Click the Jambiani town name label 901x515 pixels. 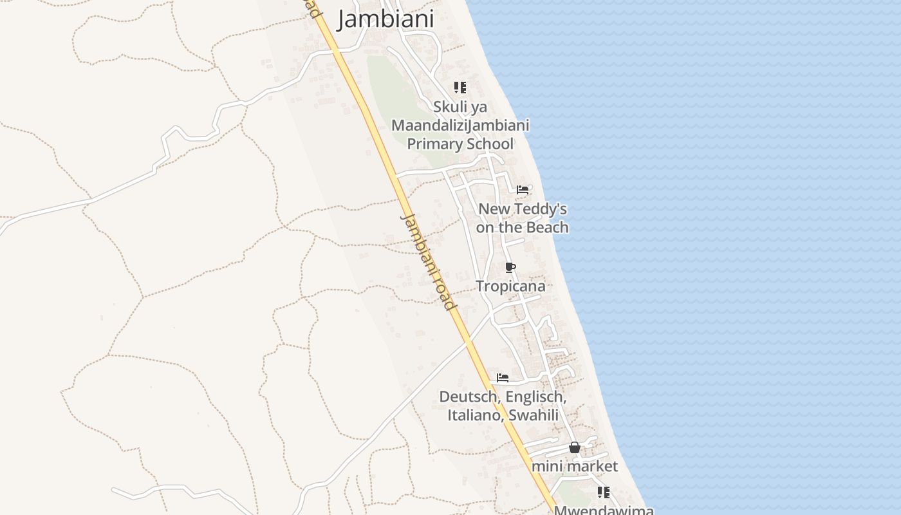(x=385, y=19)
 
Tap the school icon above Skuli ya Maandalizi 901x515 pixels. (x=460, y=88)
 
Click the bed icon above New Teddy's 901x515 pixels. (x=523, y=190)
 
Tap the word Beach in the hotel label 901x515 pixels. (x=547, y=227)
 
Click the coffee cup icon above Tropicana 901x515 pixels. (x=510, y=268)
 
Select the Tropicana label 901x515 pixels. (x=510, y=286)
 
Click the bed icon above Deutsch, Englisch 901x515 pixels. (x=503, y=378)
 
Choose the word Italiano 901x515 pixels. (x=476, y=415)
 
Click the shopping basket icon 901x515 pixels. (x=575, y=447)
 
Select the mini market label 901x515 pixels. (x=575, y=466)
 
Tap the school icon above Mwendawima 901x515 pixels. (x=603, y=492)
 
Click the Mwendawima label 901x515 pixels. (x=604, y=510)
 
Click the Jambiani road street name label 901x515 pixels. (x=428, y=261)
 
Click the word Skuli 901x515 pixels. (x=451, y=106)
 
